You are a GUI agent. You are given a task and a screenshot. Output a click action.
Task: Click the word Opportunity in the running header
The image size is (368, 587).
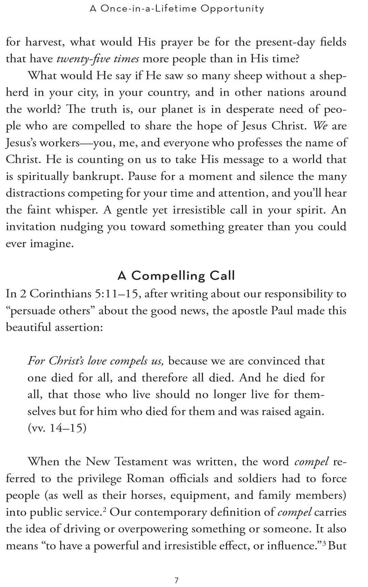tap(232, 9)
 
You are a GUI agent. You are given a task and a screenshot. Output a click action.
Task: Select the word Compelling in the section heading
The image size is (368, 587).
tap(168, 275)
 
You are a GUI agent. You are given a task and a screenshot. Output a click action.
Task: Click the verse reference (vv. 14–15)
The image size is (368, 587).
tap(57, 428)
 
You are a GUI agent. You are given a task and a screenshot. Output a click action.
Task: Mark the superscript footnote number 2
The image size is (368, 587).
tap(105, 509)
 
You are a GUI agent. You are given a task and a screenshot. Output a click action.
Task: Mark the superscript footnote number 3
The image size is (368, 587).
tap(324, 543)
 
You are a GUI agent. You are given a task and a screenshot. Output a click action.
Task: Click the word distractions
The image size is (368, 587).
tap(35, 193)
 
